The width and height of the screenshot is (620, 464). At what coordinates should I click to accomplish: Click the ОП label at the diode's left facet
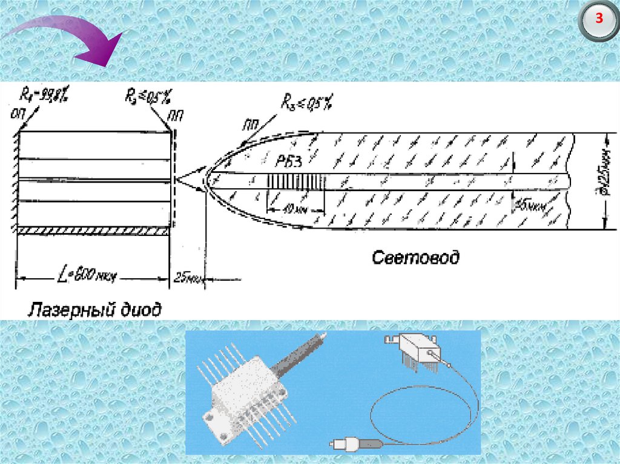(x=16, y=113)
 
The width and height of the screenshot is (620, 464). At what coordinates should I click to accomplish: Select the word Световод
(x=415, y=258)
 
